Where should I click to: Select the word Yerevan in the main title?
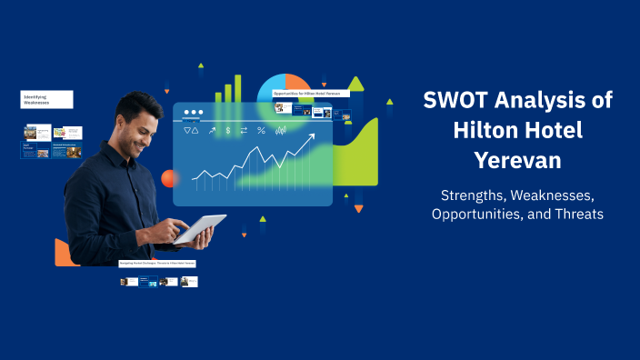pos(517,159)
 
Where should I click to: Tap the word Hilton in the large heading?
pos(486,130)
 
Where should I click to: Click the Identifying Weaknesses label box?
pos(47,99)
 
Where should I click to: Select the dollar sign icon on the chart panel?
pos(228,131)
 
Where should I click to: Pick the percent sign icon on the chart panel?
pos(261,131)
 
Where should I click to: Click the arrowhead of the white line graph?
pos(312,137)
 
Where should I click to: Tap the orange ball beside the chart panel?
pos(168,178)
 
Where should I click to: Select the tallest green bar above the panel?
pos(238,88)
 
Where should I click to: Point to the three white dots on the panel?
pos(193,113)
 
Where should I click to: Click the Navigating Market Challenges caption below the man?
pos(157,264)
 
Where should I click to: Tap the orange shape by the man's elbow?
pos(63,254)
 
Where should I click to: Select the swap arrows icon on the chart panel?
pos(244,131)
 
